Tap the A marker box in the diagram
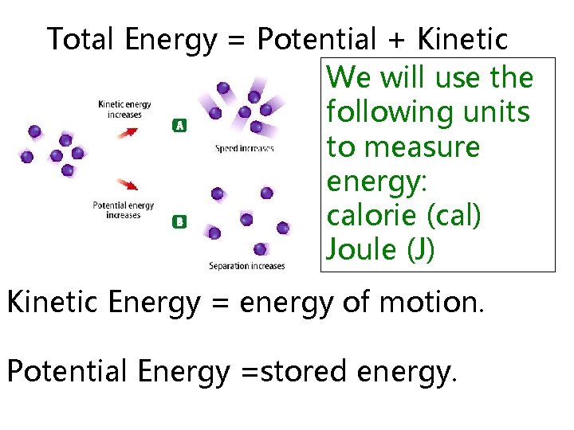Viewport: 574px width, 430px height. point(180,124)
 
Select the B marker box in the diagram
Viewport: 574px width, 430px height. point(180,222)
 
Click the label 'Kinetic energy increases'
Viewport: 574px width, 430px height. point(124,109)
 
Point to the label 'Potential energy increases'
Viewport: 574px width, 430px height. point(124,210)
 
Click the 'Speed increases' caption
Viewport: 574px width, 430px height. point(245,148)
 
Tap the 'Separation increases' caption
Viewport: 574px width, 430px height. point(246,266)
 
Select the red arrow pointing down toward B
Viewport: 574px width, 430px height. point(127,186)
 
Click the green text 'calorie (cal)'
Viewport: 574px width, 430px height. point(403,216)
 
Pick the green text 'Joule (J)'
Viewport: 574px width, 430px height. point(380,250)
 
